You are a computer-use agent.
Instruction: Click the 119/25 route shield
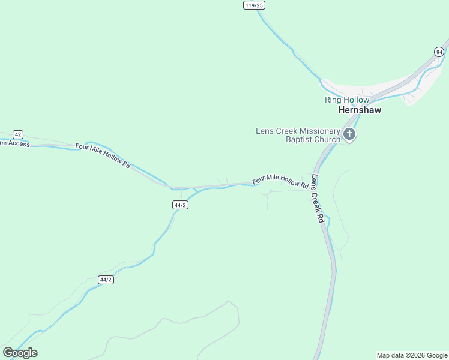click(x=255, y=5)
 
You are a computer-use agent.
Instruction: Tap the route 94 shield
click(x=440, y=52)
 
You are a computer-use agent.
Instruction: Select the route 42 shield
click(x=18, y=134)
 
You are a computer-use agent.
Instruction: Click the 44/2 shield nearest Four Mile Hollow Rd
click(x=180, y=205)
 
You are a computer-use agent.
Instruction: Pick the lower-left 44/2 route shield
click(x=106, y=280)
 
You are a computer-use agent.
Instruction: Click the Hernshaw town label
click(x=360, y=110)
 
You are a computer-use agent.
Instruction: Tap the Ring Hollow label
click(x=347, y=100)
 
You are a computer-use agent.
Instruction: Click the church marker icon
click(x=349, y=134)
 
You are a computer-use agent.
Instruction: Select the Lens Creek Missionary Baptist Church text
click(x=298, y=135)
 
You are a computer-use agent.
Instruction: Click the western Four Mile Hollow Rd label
click(x=103, y=155)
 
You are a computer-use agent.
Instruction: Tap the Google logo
click(x=20, y=353)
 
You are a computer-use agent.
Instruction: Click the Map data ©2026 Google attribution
click(x=412, y=355)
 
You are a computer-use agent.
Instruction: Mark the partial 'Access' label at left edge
click(x=14, y=143)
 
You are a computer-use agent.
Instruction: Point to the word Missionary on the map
click(x=319, y=131)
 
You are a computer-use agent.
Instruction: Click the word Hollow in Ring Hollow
click(x=357, y=100)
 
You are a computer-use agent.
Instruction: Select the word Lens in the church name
click(x=265, y=131)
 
